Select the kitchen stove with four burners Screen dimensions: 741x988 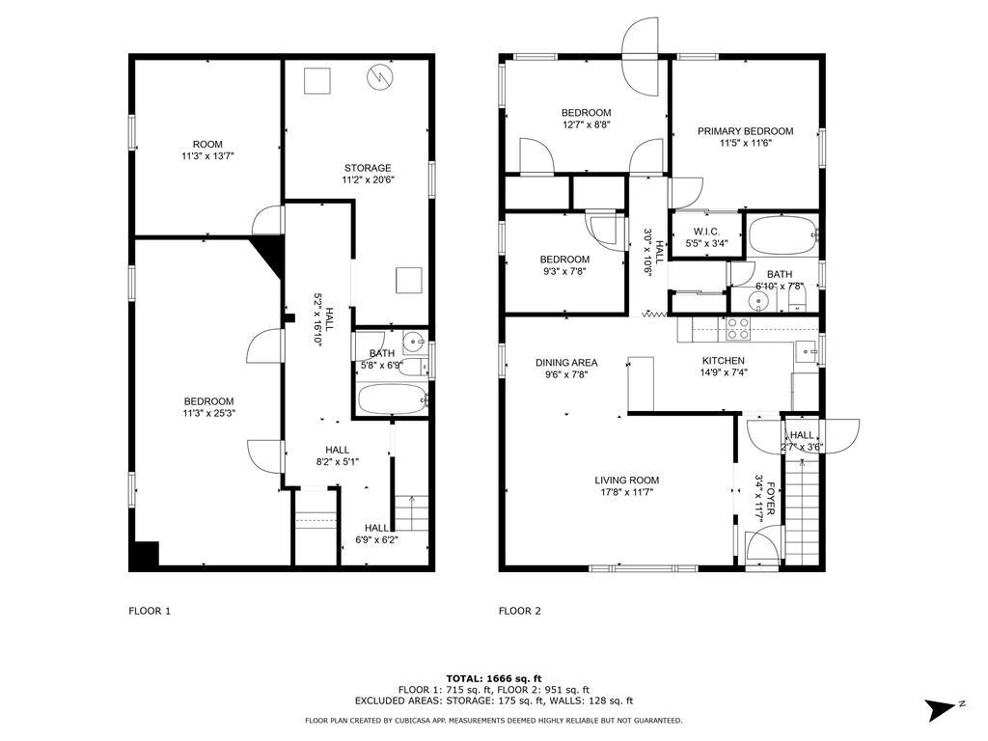click(x=739, y=329)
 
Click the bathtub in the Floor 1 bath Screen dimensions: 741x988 click(x=393, y=399)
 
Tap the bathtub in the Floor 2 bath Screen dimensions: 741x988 click(x=782, y=234)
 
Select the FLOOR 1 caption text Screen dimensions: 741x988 click(x=150, y=611)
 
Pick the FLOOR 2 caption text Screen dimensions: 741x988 click(x=519, y=611)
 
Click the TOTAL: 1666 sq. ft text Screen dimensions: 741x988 click(x=494, y=678)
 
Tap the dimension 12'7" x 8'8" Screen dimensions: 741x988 click(x=587, y=124)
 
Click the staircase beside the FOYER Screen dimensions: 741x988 click(x=802, y=511)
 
